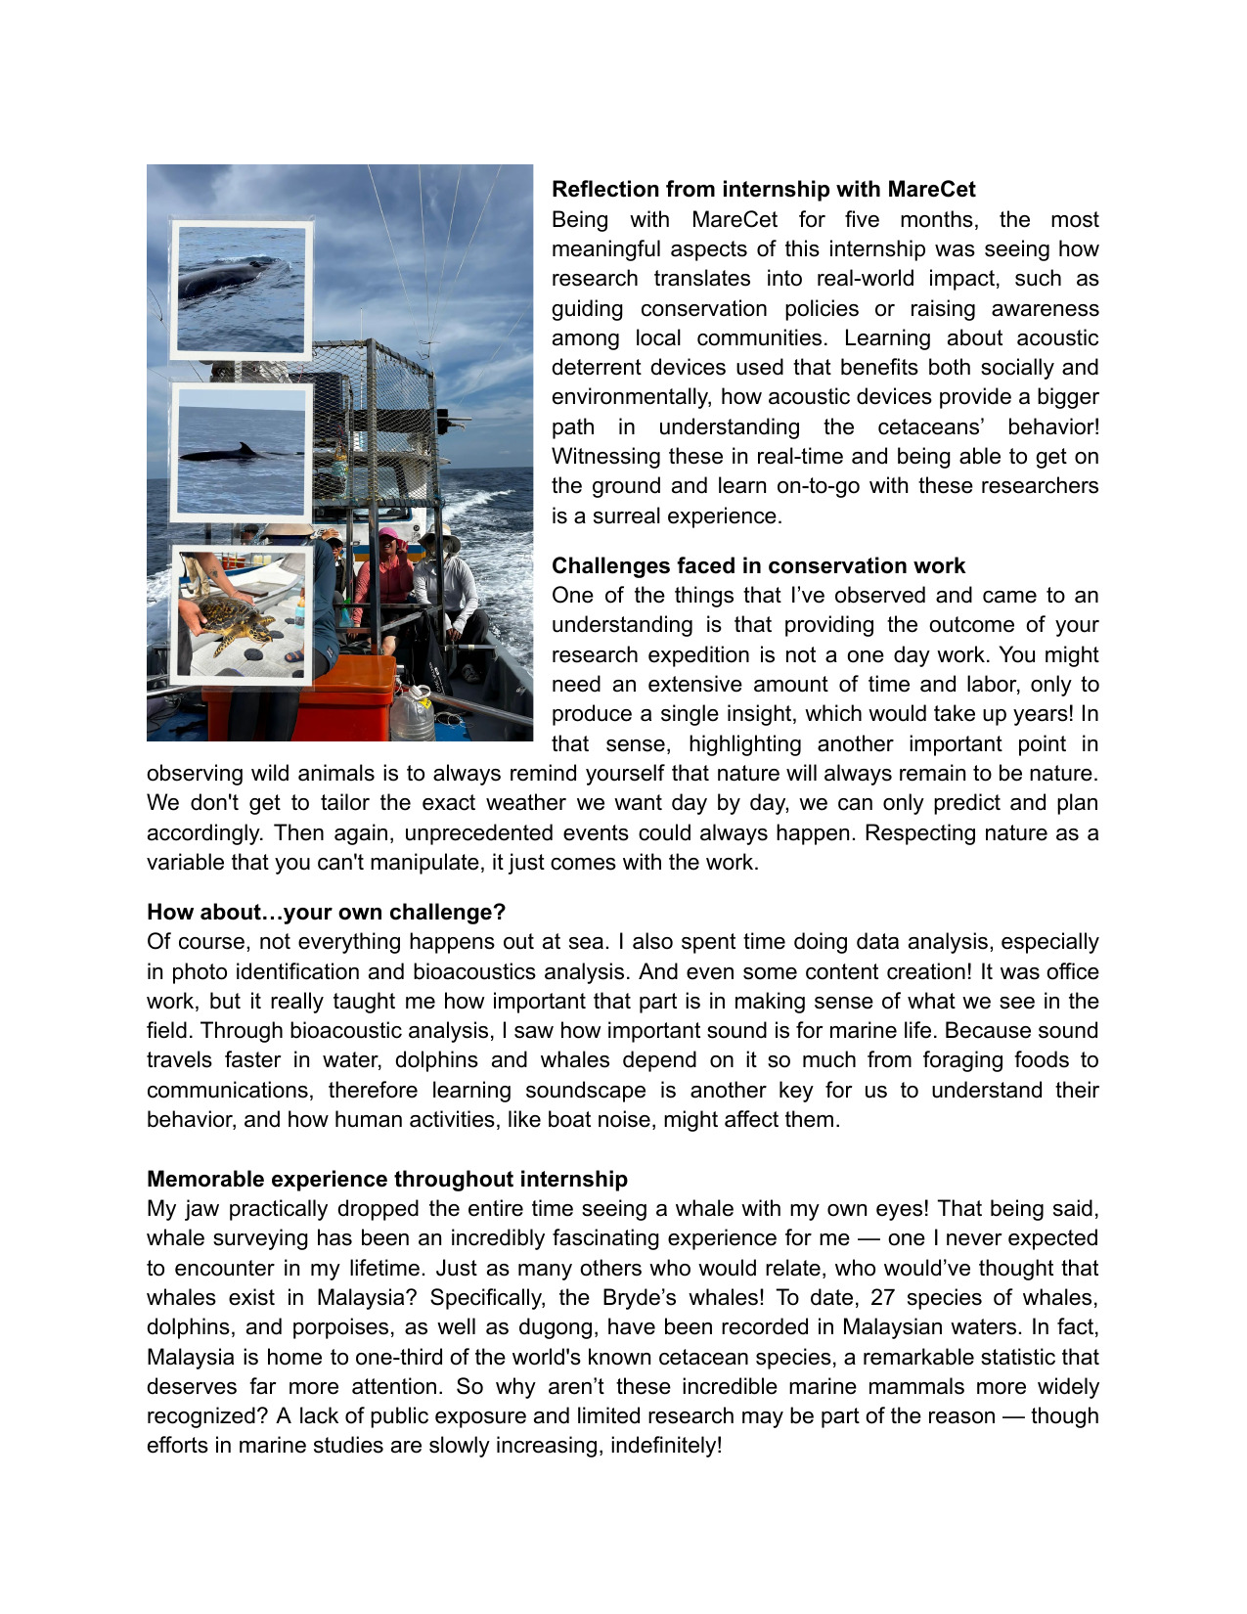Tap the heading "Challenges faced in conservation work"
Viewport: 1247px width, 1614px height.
(x=758, y=565)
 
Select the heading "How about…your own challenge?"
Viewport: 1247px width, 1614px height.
(x=326, y=912)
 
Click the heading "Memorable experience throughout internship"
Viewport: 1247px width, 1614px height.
(x=387, y=1179)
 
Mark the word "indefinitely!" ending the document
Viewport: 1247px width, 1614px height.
(x=666, y=1445)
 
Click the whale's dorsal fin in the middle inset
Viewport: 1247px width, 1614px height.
(x=246, y=449)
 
